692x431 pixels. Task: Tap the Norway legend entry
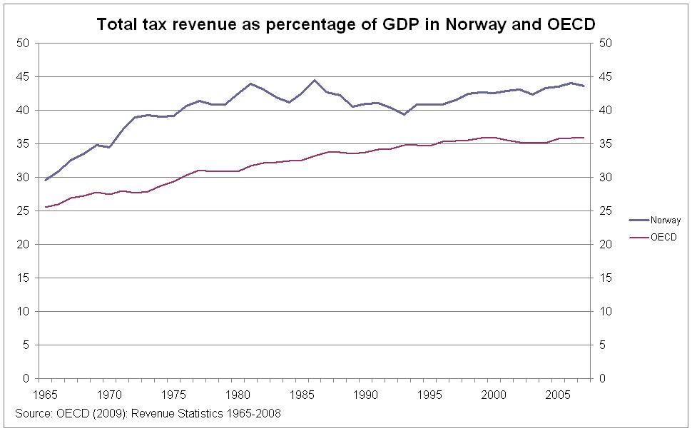point(666,220)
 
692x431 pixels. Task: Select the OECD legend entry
point(663,237)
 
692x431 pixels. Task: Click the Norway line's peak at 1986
point(314,80)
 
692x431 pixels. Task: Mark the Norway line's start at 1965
point(45,181)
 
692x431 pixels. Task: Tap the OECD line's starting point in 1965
point(45,207)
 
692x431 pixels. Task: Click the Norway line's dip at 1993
point(403,114)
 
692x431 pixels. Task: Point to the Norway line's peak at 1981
point(250,83)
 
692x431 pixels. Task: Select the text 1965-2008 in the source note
point(255,413)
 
